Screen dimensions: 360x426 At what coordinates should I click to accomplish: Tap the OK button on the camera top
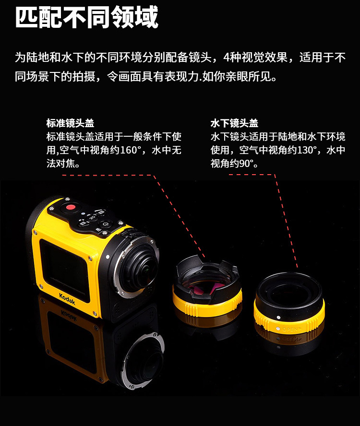(92, 218)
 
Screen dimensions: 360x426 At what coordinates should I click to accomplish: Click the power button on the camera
(105, 224)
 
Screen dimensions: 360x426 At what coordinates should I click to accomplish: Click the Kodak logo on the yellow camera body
(67, 298)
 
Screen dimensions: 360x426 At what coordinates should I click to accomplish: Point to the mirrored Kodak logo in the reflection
(69, 315)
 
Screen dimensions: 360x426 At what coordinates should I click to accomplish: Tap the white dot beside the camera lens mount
(108, 256)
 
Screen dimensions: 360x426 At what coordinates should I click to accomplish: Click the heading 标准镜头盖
(70, 123)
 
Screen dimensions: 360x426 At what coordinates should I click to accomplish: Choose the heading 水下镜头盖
(234, 123)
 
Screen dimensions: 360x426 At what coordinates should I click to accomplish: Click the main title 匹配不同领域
(86, 17)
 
